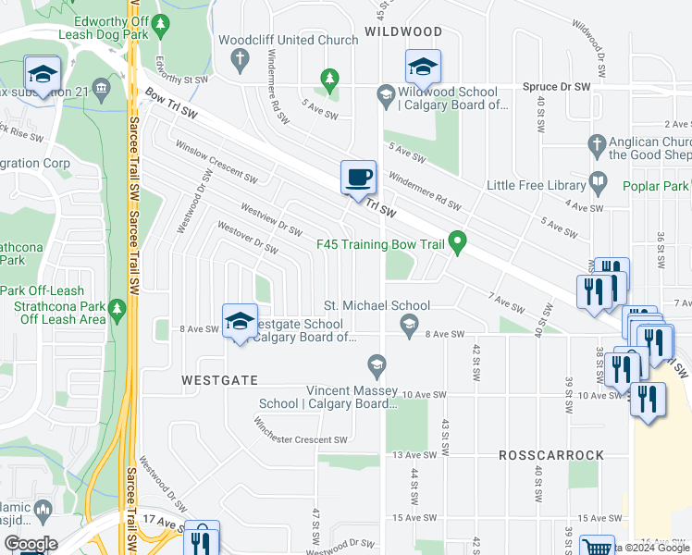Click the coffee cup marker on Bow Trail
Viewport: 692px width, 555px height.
coord(358,178)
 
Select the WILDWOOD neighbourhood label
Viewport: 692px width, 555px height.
coord(402,31)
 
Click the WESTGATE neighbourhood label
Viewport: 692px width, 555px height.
coord(219,380)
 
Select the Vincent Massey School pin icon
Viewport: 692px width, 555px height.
coord(376,368)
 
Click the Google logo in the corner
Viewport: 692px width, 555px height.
coord(31,544)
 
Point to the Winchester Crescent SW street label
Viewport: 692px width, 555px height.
coord(302,438)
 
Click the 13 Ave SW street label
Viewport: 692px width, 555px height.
coord(414,455)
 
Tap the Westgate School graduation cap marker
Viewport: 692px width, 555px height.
coord(239,320)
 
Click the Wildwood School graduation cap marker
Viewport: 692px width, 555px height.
coord(422,67)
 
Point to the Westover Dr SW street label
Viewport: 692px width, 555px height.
coord(247,237)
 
